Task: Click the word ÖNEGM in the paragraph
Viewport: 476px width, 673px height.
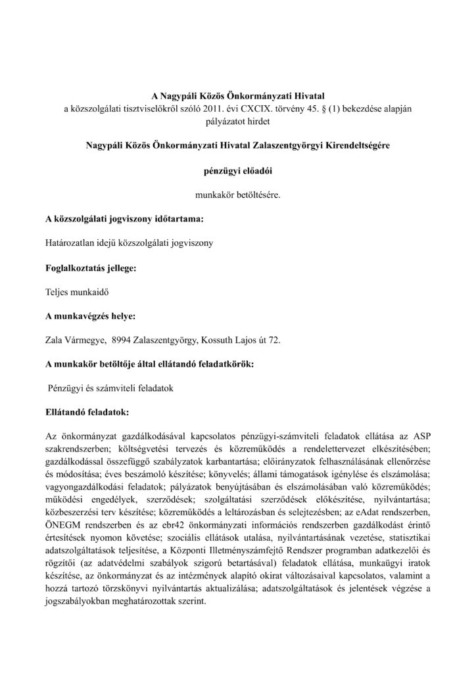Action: (61, 519)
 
